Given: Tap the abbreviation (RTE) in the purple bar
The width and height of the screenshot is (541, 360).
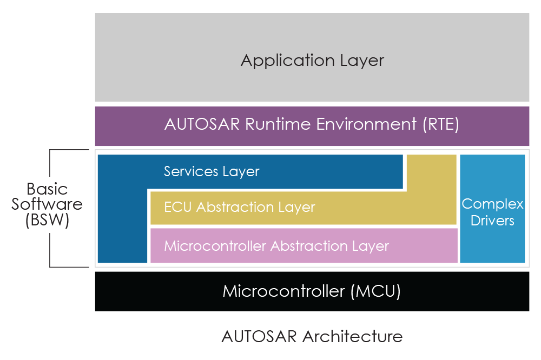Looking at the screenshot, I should tap(440, 124).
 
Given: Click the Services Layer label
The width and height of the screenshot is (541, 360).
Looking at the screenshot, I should tap(212, 172).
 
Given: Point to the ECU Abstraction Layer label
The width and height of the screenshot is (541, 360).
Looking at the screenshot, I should tap(239, 207).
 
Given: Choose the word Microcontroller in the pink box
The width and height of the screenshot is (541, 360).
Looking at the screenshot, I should tap(215, 246).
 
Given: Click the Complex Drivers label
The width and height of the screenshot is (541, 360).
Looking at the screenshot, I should tap(492, 212).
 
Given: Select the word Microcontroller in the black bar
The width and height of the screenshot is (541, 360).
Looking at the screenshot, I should tap(284, 291).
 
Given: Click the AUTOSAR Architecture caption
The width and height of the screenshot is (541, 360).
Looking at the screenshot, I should tap(312, 336).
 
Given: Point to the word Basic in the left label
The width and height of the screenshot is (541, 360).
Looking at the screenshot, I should tap(47, 189).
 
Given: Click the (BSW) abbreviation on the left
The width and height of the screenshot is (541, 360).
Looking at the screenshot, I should tap(47, 221).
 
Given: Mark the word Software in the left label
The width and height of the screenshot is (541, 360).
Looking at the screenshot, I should tap(47, 204).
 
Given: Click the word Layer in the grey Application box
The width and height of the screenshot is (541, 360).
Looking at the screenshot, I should tap(362, 61).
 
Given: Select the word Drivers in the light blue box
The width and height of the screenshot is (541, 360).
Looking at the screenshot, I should tap(492, 221).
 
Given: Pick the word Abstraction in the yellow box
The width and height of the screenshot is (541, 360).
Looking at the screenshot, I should tap(245, 207).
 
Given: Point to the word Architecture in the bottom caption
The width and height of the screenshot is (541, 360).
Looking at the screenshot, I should tap(352, 336).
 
